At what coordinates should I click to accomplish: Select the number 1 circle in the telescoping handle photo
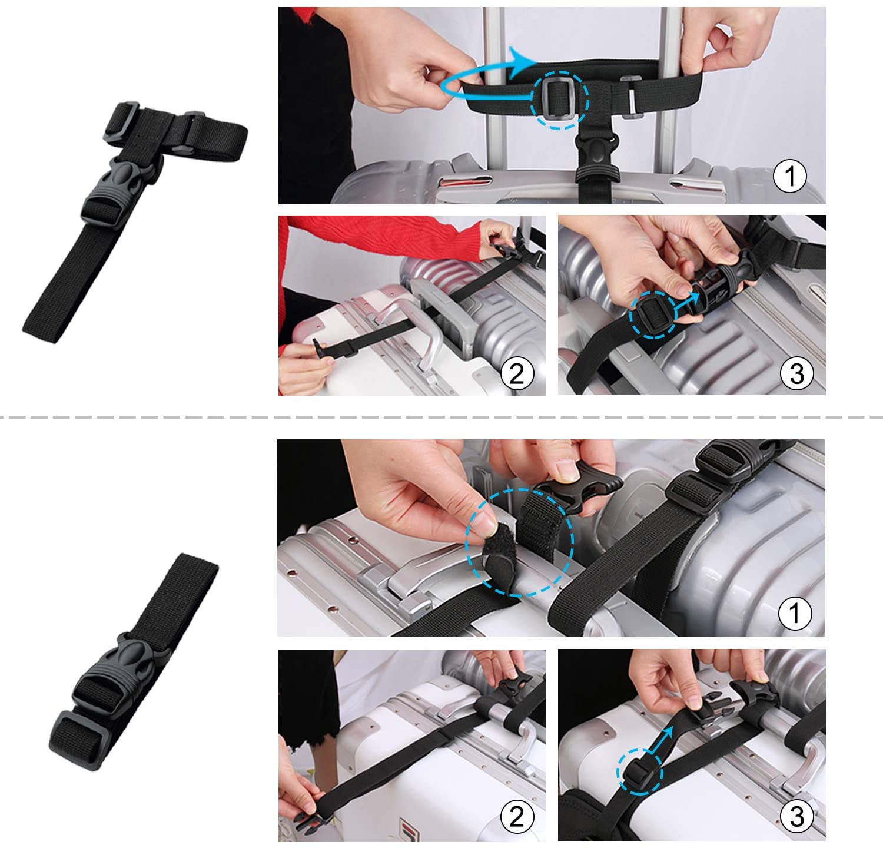coord(789,176)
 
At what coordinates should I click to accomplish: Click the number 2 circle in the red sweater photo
coord(516,373)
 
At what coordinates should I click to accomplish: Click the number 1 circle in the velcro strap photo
coord(795,613)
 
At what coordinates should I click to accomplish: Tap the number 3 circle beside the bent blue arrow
coord(796,816)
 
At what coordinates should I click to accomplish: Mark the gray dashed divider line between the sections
coord(441,417)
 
